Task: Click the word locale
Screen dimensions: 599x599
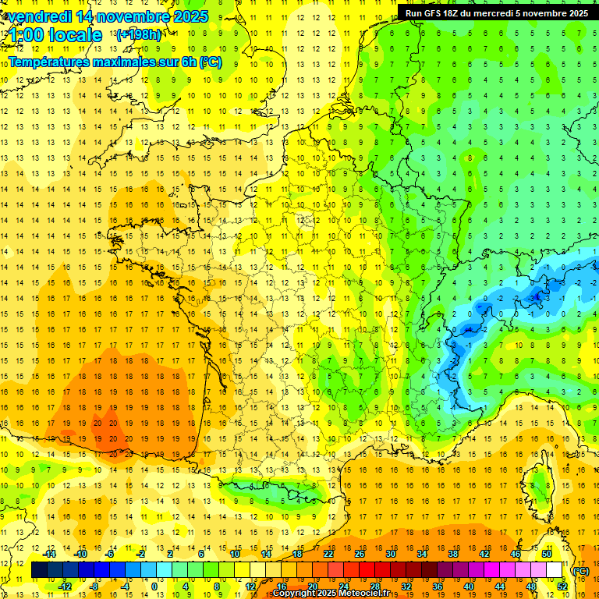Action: (x=75, y=35)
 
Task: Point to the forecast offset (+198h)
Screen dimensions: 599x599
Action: (x=138, y=35)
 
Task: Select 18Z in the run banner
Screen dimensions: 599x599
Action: (x=455, y=13)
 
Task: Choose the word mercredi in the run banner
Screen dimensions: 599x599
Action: (x=505, y=13)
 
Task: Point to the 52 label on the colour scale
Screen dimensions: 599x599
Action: (x=562, y=587)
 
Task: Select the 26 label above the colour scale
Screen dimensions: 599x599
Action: (x=360, y=554)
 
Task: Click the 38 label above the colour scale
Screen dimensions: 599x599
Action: (x=453, y=554)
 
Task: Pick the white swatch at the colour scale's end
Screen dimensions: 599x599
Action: (x=555, y=570)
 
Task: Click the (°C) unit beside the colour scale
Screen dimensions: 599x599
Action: (x=580, y=570)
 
